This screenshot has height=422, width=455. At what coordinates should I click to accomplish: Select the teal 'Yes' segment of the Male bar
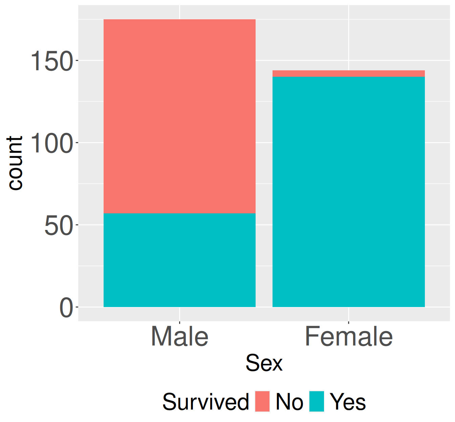[179, 260]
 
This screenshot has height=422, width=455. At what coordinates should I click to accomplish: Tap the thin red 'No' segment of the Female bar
[348, 74]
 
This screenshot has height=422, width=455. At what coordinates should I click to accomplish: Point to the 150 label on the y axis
[52, 62]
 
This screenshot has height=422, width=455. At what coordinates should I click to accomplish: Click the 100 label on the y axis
[52, 143]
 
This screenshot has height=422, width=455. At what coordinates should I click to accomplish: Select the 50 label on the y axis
[59, 226]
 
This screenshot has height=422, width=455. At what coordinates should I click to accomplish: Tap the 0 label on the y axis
[66, 308]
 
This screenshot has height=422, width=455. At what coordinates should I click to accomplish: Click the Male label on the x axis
[179, 336]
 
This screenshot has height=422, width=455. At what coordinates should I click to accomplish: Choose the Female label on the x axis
[348, 336]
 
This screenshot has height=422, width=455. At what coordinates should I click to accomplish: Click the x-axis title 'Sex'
[264, 363]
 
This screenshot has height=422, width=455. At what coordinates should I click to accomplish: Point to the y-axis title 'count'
[15, 163]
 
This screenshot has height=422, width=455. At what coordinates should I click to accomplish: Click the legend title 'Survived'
[205, 402]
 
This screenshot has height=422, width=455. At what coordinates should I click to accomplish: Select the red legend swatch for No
[262, 401]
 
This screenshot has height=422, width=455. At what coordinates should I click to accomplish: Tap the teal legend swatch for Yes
[317, 401]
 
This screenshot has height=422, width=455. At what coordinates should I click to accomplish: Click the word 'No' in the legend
[289, 402]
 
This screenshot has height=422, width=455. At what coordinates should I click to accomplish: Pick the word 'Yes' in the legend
[348, 402]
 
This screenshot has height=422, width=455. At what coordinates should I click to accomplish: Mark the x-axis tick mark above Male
[179, 322]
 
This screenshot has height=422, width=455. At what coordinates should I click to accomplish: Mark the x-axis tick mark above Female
[348, 322]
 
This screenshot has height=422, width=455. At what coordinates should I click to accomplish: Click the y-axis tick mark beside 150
[77, 61]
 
